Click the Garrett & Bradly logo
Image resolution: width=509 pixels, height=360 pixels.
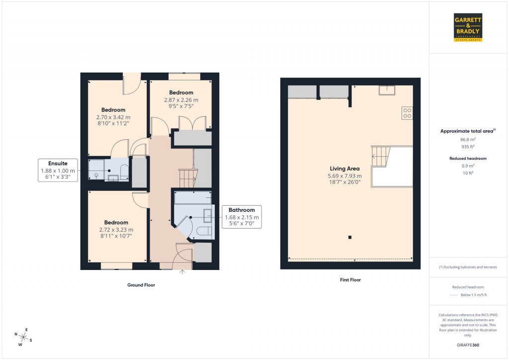click(x=468, y=27)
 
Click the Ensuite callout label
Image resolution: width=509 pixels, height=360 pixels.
click(x=58, y=170)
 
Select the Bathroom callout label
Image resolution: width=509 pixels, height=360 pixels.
click(x=241, y=217)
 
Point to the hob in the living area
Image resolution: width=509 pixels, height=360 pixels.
click(x=407, y=113)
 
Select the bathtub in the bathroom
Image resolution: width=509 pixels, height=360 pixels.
click(x=192, y=197)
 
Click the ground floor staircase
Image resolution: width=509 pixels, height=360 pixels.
click(x=187, y=178)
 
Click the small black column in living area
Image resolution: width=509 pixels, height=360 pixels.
click(x=350, y=237)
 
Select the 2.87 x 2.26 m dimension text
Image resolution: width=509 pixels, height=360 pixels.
click(x=181, y=99)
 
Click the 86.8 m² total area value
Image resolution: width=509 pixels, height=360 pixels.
click(x=467, y=140)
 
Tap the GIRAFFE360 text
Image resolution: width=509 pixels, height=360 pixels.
click(x=468, y=345)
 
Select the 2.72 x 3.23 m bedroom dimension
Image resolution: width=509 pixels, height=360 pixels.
click(x=116, y=230)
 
